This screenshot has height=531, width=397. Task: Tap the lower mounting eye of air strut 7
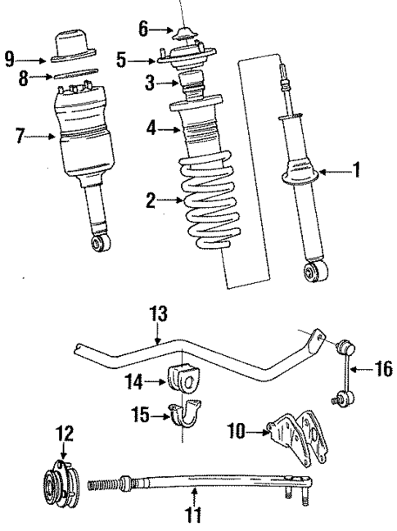[101, 242]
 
